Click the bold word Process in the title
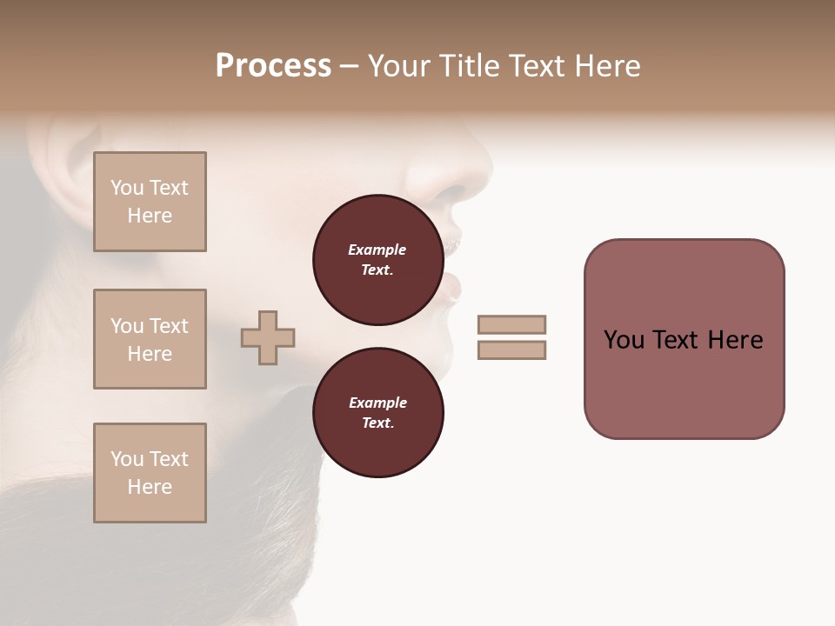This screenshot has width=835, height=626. (x=273, y=66)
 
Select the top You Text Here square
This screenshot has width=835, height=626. (x=150, y=202)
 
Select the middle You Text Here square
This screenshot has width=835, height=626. (x=150, y=339)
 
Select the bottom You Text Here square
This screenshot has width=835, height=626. (x=150, y=473)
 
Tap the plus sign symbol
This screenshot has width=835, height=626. (x=268, y=337)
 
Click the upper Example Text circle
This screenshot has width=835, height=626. (x=377, y=260)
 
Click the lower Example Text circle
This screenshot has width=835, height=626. (x=377, y=413)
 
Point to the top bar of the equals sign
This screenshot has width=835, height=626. (x=511, y=324)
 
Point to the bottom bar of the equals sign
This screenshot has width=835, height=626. (x=511, y=350)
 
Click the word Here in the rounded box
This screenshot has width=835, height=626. (x=735, y=340)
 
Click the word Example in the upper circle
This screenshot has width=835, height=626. (x=377, y=250)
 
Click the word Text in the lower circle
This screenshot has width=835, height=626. (x=377, y=423)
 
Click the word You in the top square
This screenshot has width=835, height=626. (x=127, y=188)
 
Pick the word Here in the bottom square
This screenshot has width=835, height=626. (x=150, y=487)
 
